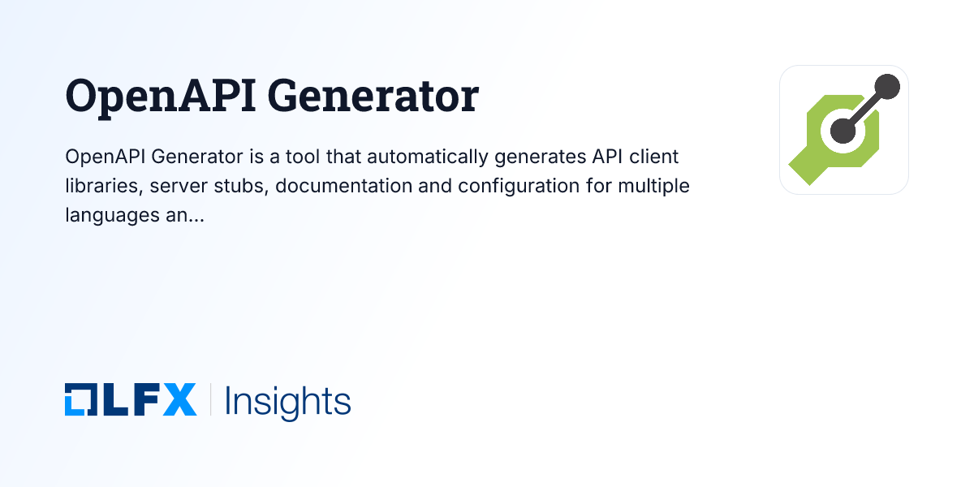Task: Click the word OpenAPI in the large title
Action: click(x=159, y=97)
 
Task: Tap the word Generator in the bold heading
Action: click(x=373, y=97)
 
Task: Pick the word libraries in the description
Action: click(x=99, y=186)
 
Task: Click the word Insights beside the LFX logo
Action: click(x=288, y=401)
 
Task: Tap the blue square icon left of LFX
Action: click(x=80, y=400)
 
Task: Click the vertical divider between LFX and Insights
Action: click(x=211, y=400)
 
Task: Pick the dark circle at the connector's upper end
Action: click(x=888, y=86)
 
